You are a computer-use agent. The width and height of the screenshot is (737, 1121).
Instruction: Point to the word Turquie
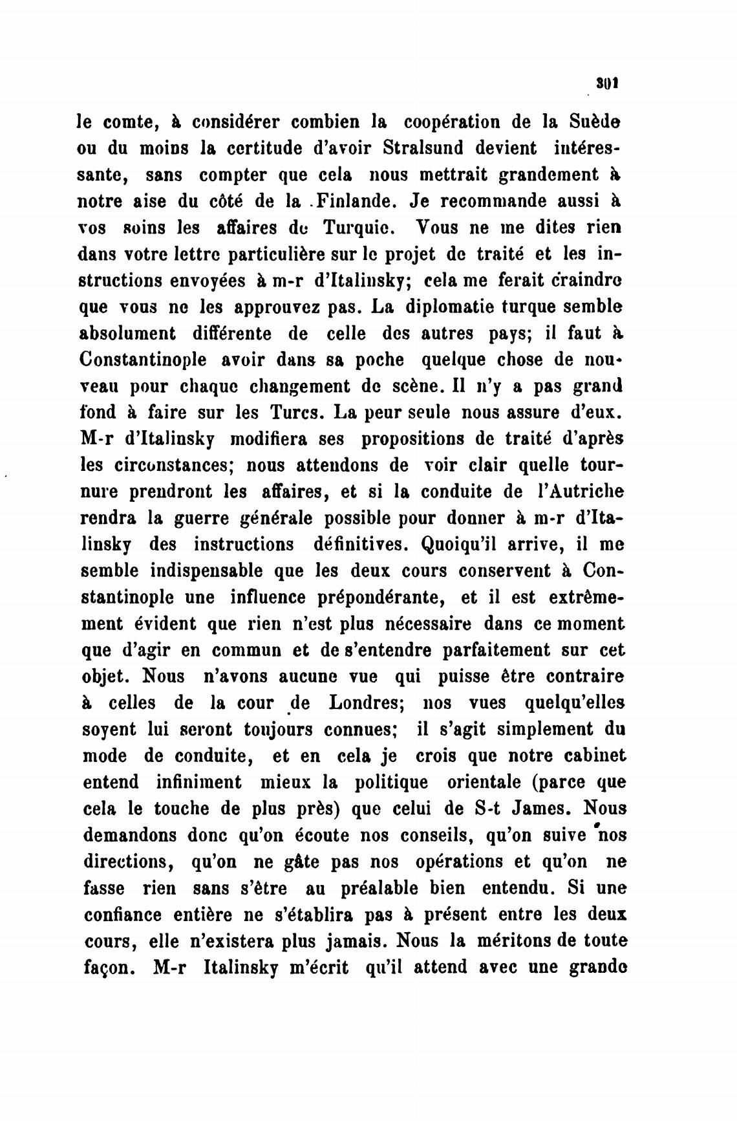pyautogui.click(x=349, y=228)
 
